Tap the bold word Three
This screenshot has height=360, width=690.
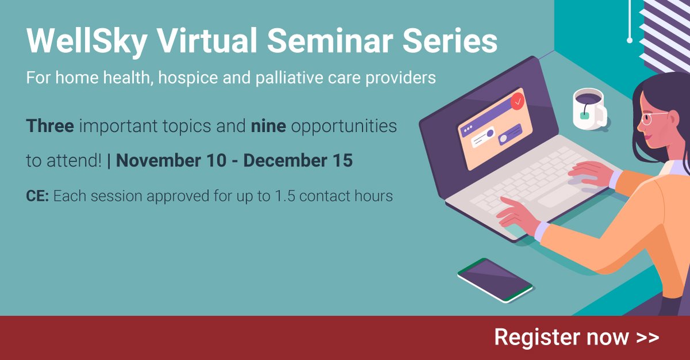[x=50, y=126]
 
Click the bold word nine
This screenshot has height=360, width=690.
[x=268, y=126]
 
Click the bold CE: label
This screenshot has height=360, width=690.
[x=38, y=196]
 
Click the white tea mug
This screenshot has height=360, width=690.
[x=588, y=108]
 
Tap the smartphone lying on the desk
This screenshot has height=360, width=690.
[x=494, y=279]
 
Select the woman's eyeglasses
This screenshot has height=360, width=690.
[x=655, y=118]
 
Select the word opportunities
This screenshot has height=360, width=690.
[x=343, y=126]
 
